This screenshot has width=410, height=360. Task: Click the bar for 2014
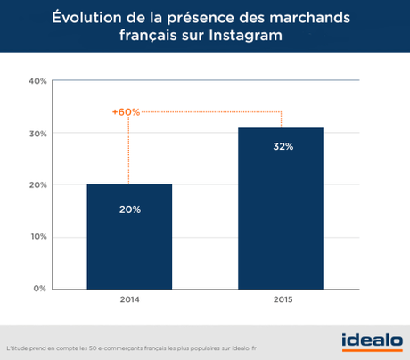[129, 236]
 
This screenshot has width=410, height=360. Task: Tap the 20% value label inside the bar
[129, 209]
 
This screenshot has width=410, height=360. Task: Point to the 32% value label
[281, 146]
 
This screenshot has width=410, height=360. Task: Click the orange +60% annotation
[126, 112]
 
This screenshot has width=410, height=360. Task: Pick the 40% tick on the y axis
[37, 81]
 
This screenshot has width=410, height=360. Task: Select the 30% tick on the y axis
[37, 134]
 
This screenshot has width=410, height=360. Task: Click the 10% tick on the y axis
[37, 237]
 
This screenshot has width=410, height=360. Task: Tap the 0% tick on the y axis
[40, 289]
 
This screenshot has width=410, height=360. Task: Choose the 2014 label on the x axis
[129, 300]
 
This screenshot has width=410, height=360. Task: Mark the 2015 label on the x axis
[281, 300]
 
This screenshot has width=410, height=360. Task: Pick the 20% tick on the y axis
[37, 185]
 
